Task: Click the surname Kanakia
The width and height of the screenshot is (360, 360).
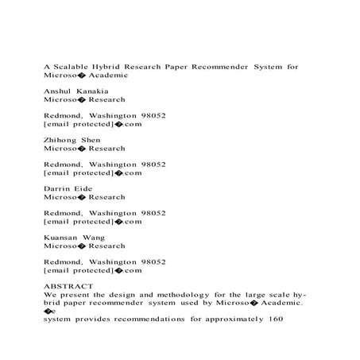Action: pos(95,91)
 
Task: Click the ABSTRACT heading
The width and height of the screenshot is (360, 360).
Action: pos(68,285)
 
